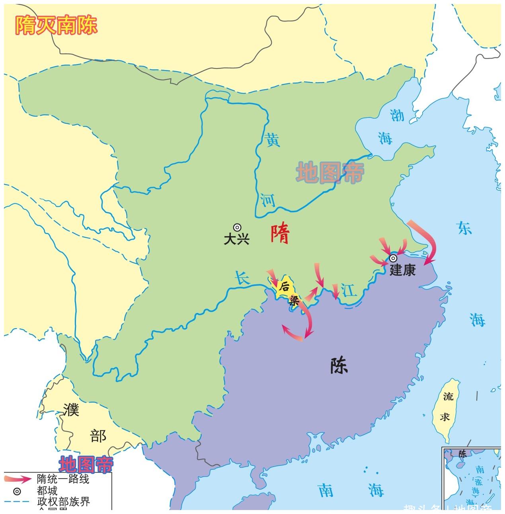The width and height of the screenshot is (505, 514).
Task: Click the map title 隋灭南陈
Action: pyautogui.click(x=56, y=25)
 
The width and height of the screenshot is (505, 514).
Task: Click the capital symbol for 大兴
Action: pyautogui.click(x=237, y=227)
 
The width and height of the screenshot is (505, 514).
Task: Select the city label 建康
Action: pyautogui.click(x=402, y=270)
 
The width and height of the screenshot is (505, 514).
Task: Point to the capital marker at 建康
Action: pyautogui.click(x=393, y=258)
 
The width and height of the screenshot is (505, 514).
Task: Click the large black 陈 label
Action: pyautogui.click(x=339, y=365)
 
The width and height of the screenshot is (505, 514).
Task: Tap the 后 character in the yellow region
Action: pyautogui.click(x=284, y=286)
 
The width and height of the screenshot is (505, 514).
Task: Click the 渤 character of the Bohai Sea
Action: pyautogui.click(x=397, y=115)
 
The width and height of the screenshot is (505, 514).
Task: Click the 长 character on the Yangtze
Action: pyautogui.click(x=242, y=278)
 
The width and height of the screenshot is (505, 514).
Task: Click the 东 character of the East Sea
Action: pyautogui.click(x=464, y=228)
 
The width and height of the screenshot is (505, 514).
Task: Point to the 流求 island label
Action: pyautogui.click(x=447, y=406)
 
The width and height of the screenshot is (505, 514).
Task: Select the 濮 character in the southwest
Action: pyautogui.click(x=72, y=410)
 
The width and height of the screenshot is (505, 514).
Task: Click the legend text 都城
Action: pyautogui.click(x=47, y=490)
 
